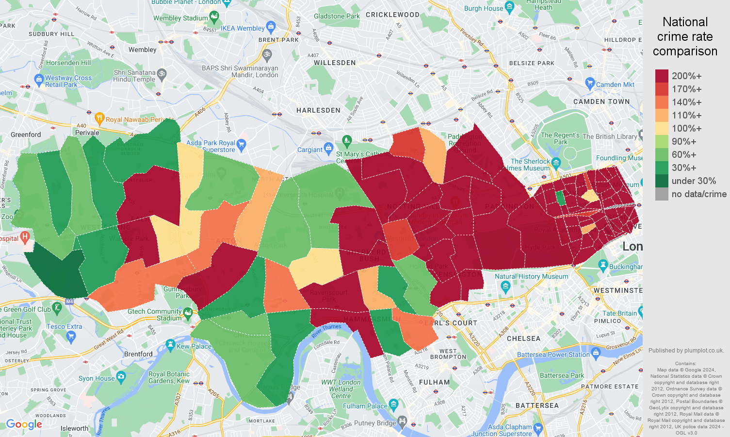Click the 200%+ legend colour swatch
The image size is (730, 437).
click(662, 76)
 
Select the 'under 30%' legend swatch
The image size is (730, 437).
click(662, 181)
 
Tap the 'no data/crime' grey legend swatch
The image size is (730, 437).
click(662, 194)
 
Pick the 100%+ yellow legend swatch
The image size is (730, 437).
click(662, 128)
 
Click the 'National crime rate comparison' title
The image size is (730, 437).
click(685, 36)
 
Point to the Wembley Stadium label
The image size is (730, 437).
click(180, 18)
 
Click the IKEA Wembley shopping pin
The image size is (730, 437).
click(271, 26)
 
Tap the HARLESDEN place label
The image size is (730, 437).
click(318, 110)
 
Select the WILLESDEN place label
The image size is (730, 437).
click(335, 63)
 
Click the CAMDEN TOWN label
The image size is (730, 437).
click(601, 101)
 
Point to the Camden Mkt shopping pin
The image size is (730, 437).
click(590, 83)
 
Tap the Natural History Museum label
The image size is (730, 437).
click(531, 276)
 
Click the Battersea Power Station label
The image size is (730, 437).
click(553, 355)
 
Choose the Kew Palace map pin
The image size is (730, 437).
click(170, 345)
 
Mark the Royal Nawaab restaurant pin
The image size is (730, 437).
click(99, 118)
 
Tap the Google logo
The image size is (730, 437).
click(24, 424)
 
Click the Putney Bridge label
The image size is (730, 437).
click(375, 423)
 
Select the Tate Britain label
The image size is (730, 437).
click(619, 313)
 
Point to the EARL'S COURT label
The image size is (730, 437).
click(451, 323)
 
